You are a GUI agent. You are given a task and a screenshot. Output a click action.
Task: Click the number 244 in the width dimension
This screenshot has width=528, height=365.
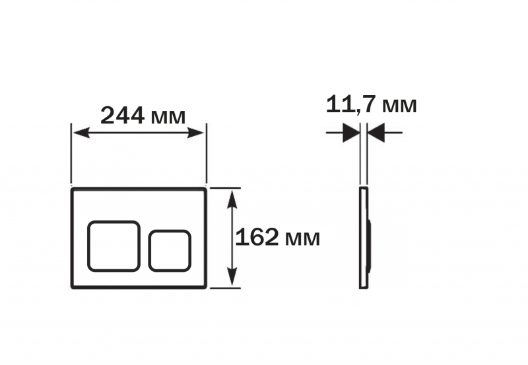click(x=123, y=116)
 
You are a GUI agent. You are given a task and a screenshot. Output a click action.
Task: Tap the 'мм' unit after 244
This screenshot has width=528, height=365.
click(x=168, y=117)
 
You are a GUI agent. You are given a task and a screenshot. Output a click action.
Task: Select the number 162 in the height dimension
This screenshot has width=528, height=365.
click(x=257, y=237)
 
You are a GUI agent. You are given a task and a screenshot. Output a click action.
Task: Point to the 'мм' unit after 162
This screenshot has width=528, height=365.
click(x=302, y=239)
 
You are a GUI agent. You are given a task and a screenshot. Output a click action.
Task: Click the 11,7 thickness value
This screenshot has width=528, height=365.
click(x=350, y=104)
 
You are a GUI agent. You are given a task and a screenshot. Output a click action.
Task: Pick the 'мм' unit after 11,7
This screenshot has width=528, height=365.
click(x=399, y=106)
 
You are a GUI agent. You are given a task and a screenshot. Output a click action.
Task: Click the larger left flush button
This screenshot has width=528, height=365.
click(x=114, y=246)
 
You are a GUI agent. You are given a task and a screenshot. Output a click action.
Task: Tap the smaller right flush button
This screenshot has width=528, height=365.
click(x=170, y=251)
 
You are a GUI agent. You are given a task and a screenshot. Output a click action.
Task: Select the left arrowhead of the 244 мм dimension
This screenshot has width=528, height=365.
click(x=81, y=133)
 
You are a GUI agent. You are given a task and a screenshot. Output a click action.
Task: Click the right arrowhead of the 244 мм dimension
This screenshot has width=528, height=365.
click(x=196, y=133)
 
